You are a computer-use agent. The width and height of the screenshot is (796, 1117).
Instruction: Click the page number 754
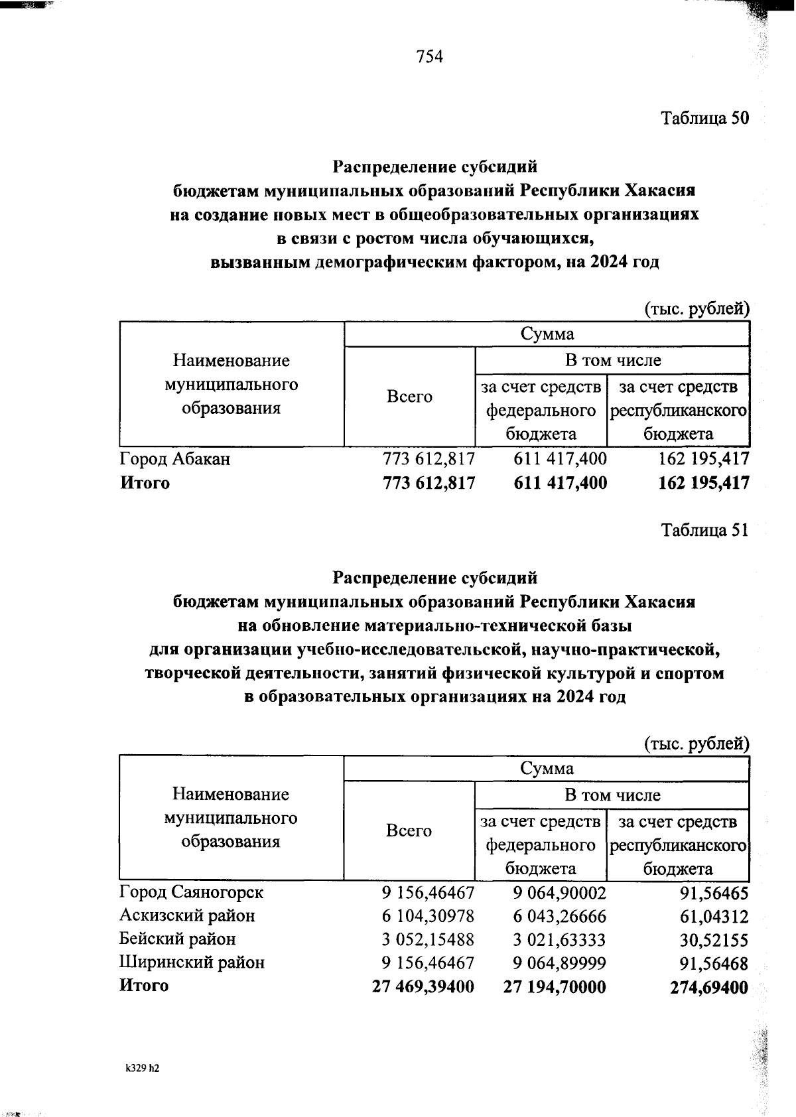[429, 57]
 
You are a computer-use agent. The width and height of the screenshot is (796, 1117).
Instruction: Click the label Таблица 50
[704, 118]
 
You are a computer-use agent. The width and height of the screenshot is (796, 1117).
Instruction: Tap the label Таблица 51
[704, 530]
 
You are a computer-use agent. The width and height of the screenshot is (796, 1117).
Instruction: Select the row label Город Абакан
[174, 458]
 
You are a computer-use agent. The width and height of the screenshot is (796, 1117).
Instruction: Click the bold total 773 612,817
[429, 483]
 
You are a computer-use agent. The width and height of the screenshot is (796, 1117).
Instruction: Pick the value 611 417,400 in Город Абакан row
[561, 458]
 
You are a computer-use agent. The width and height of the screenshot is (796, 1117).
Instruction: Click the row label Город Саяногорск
[191, 892]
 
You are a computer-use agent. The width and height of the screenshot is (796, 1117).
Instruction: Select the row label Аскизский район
[187, 916]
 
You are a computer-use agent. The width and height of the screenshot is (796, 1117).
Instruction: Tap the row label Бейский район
[177, 939]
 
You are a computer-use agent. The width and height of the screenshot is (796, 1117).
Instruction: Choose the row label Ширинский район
[192, 962]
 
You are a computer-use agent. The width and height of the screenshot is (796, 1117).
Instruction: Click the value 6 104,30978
[428, 916]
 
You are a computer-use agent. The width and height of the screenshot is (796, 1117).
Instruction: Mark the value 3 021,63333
[560, 940]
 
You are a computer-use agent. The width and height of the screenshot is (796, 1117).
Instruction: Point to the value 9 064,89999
[560, 963]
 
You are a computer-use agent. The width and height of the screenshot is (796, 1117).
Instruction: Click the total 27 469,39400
[423, 987]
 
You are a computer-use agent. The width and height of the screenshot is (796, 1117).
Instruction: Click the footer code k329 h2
[143, 1069]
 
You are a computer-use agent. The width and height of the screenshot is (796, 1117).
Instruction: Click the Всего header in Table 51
[409, 830]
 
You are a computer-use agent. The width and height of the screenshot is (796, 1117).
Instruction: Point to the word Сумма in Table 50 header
[547, 334]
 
